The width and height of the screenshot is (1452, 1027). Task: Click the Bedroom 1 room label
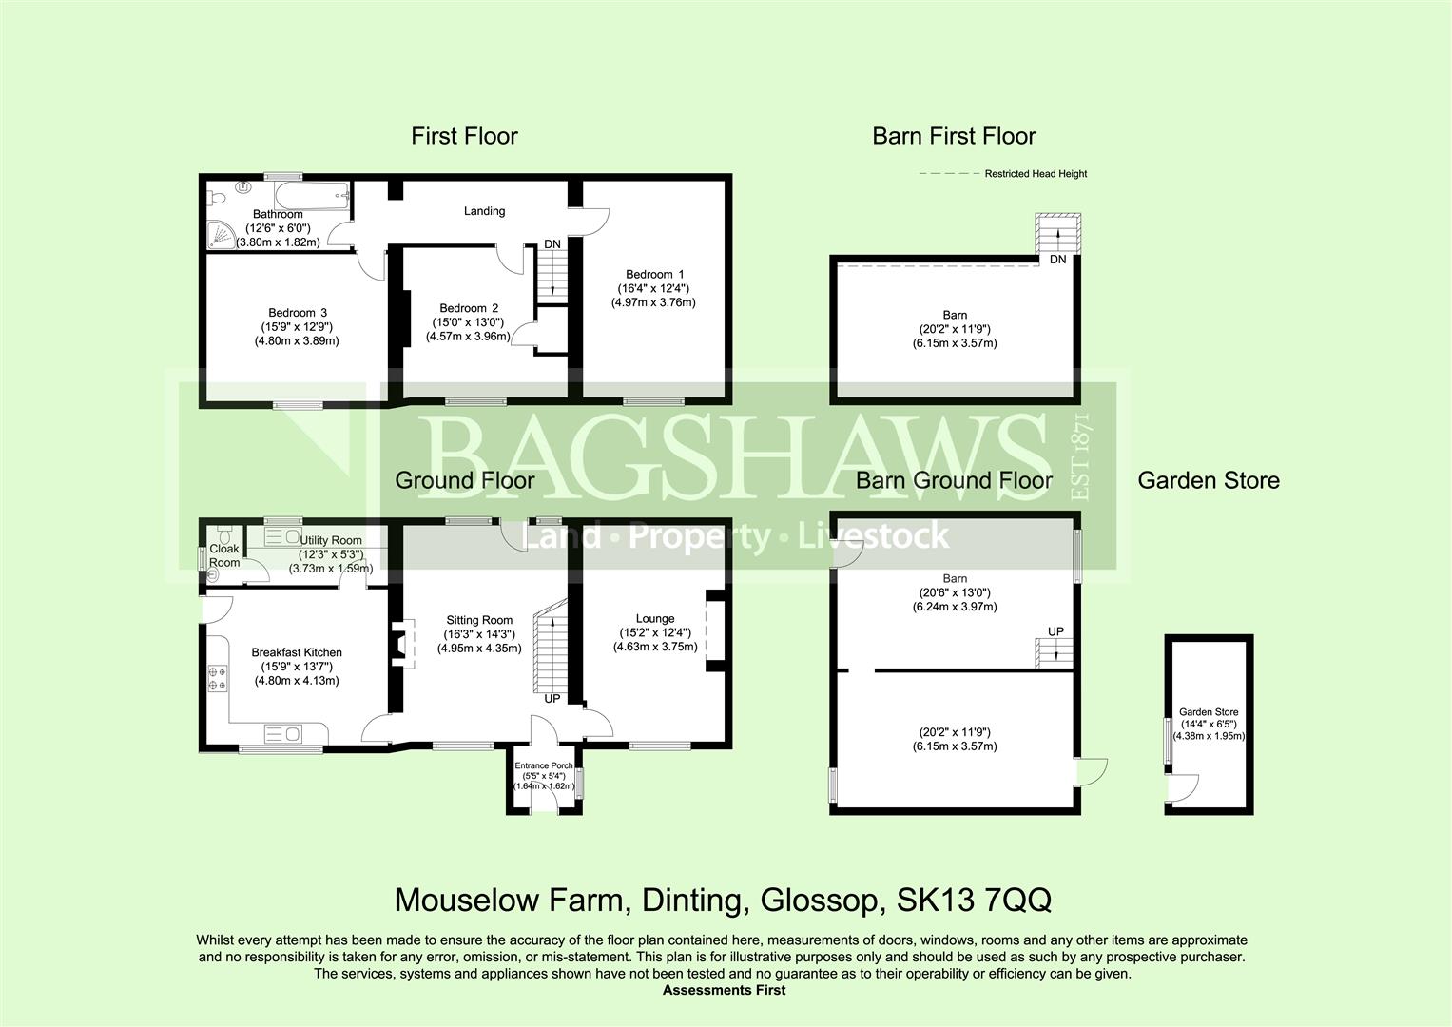pos(654,275)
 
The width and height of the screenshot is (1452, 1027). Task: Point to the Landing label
pos(484,211)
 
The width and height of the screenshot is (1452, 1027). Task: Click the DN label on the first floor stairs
pos(552,244)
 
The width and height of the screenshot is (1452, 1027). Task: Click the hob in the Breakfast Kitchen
pos(216,677)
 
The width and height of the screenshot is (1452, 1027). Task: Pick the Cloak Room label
pos(224,555)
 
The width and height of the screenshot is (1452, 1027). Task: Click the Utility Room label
pos(331,540)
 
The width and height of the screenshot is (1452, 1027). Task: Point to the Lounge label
pos(654,619)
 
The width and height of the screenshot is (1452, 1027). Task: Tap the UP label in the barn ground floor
pos(1055,631)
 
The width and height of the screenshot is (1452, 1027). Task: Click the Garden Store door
pos(1182,788)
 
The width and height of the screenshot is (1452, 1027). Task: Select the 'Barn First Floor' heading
pos(954,136)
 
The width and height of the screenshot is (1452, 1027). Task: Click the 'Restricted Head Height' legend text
pos(1036,174)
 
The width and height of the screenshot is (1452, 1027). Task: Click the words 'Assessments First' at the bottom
pos(724,990)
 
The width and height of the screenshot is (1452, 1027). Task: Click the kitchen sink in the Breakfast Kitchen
pos(282,734)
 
